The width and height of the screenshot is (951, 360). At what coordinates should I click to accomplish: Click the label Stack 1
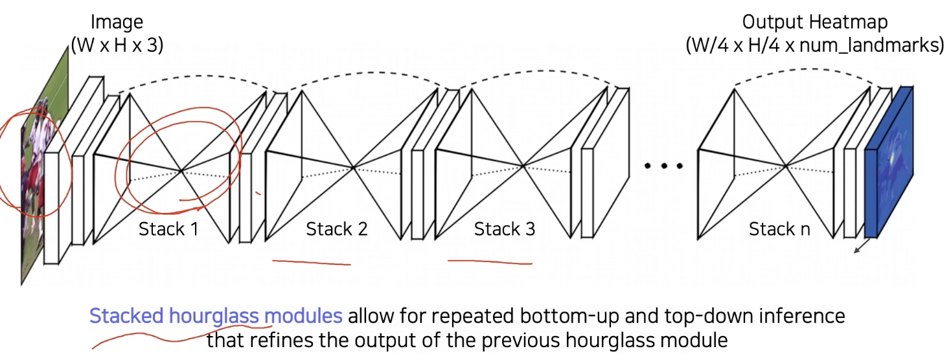click(x=168, y=229)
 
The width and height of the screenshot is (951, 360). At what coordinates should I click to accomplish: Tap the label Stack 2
click(x=337, y=229)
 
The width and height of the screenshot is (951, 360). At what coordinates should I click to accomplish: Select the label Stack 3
click(x=505, y=229)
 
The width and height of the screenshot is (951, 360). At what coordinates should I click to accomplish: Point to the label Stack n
click(x=779, y=229)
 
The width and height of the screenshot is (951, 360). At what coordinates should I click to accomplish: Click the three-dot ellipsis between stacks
click(x=663, y=166)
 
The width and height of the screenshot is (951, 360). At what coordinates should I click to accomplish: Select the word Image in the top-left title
click(x=116, y=22)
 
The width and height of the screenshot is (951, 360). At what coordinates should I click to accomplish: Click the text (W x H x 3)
click(x=117, y=46)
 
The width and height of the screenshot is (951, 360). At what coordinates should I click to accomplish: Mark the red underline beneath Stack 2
click(x=311, y=262)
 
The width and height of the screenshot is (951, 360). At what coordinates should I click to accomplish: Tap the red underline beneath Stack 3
click(x=490, y=262)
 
